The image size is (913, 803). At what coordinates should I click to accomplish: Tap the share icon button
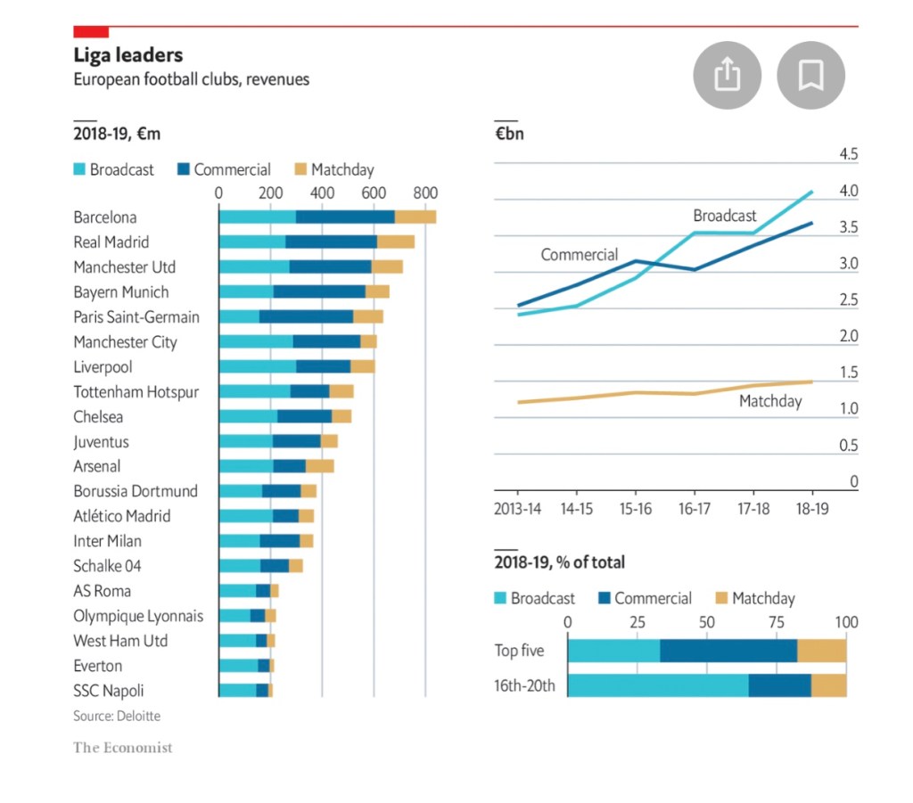click(728, 75)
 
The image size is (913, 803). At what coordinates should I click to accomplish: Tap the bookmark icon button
click(810, 75)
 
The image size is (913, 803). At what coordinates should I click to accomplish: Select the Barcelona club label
click(105, 217)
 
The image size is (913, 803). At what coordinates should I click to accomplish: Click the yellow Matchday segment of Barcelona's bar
click(415, 217)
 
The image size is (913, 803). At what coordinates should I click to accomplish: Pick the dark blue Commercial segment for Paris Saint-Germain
click(306, 317)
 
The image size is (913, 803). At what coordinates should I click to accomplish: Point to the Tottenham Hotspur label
click(136, 392)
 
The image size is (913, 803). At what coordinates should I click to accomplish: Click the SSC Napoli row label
click(109, 691)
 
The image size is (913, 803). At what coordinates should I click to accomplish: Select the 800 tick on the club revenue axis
click(425, 192)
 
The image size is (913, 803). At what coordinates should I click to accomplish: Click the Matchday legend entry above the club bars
click(342, 169)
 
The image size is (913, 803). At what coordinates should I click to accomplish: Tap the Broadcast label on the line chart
click(724, 216)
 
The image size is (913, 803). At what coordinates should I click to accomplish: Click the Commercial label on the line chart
click(579, 255)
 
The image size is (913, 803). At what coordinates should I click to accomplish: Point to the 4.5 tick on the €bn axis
click(848, 155)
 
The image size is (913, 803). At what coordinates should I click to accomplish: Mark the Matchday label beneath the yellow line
click(770, 401)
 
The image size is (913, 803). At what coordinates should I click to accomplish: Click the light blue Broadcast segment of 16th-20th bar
click(658, 685)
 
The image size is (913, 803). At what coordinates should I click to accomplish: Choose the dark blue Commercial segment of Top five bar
click(728, 651)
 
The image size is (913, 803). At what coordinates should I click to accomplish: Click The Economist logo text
click(123, 748)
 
